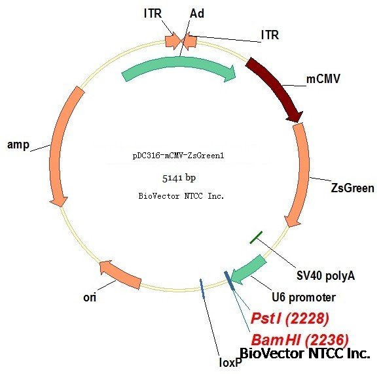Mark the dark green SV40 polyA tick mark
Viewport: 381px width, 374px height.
(x=256, y=237)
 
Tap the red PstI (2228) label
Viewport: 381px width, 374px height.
(x=289, y=318)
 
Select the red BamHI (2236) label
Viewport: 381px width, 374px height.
(x=300, y=339)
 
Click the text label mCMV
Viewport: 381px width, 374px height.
(x=323, y=79)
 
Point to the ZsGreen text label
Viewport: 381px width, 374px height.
(x=353, y=188)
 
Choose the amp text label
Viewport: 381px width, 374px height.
(x=18, y=145)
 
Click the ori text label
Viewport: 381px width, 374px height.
(x=90, y=297)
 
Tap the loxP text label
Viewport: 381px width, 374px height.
(x=230, y=363)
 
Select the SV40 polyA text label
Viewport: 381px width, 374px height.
(x=325, y=276)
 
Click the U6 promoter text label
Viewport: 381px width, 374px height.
(x=304, y=297)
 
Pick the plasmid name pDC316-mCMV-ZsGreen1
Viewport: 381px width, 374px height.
(x=178, y=156)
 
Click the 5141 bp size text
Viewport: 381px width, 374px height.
(x=179, y=178)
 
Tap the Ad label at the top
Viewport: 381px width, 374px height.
(x=197, y=13)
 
